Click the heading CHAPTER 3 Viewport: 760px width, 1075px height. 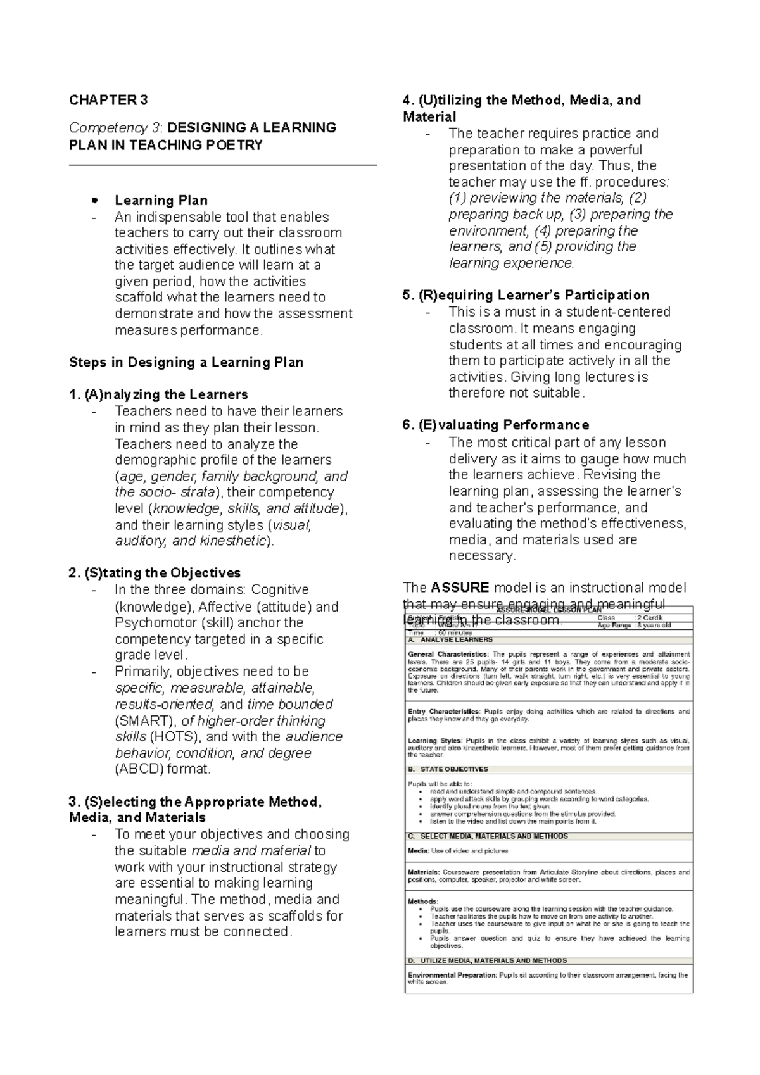coord(108,100)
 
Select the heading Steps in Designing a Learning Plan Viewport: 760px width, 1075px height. coord(186,363)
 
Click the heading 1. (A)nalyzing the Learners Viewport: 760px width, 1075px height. coord(158,394)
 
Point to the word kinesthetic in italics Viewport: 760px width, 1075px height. coord(233,541)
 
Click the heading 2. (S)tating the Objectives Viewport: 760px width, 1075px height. coord(155,573)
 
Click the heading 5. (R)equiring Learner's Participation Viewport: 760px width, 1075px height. coord(526,295)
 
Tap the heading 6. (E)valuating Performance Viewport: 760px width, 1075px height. coord(495,425)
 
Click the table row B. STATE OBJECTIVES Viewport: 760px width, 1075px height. coord(448,769)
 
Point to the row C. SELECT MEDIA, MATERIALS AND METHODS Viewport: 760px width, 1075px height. coord(488,836)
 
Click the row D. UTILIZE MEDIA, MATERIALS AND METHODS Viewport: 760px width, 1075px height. coord(488,960)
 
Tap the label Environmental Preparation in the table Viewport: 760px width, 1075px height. coord(452,975)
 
